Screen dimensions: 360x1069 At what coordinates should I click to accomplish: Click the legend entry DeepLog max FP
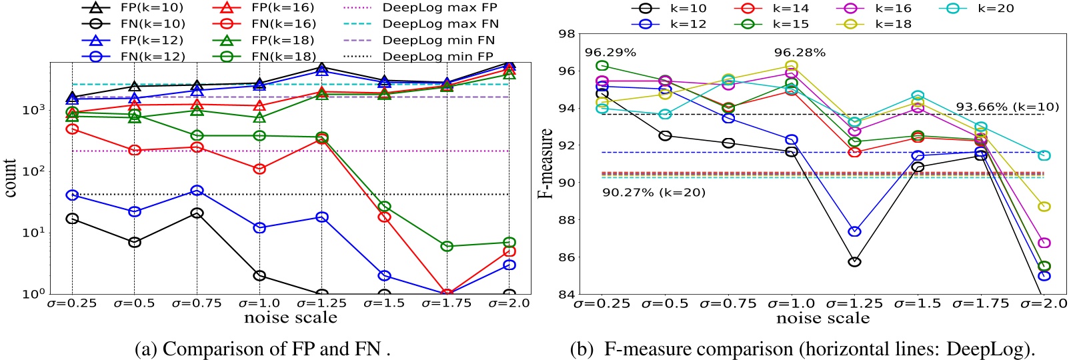[x=439, y=8]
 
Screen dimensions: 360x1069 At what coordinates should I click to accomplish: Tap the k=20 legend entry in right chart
[x=995, y=8]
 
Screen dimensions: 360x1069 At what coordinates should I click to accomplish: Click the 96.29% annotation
[x=610, y=52]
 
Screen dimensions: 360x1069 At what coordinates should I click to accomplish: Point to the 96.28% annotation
[x=800, y=52]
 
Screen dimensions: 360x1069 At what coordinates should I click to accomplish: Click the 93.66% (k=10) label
[x=1007, y=107]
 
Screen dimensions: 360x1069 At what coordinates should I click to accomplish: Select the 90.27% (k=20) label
[x=654, y=193]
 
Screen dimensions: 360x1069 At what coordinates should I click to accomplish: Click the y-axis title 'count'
[x=10, y=178]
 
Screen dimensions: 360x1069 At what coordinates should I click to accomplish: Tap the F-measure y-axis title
[x=546, y=163]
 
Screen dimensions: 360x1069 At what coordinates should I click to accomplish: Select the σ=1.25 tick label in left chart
[x=321, y=303]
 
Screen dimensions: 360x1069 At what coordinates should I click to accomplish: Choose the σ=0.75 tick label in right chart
[x=728, y=304]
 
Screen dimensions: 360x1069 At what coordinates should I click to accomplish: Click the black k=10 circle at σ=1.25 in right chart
[x=854, y=261]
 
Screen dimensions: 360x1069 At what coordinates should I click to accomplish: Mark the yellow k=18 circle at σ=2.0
[x=1044, y=207]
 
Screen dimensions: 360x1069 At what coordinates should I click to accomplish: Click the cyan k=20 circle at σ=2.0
[x=1044, y=155]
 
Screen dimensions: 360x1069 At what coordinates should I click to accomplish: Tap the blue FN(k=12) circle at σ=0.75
[x=197, y=191]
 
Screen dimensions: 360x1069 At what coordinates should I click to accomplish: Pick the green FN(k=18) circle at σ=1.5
[x=384, y=207]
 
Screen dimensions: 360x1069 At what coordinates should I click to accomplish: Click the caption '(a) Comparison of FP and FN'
[x=262, y=349]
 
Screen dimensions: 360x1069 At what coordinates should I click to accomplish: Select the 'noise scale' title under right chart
[x=823, y=319]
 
